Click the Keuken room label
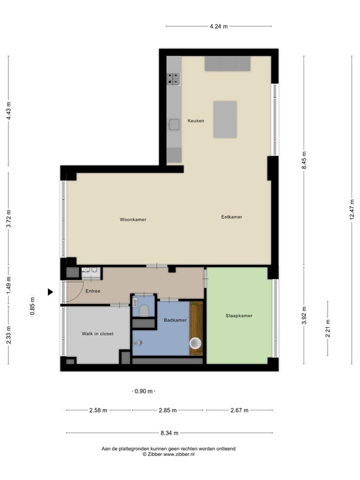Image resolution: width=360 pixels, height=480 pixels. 196,121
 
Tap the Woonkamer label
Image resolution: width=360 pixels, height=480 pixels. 133,220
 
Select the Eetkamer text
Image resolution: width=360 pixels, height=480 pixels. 232,217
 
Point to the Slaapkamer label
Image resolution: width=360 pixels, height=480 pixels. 239,316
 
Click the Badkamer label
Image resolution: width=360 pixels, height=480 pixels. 175,320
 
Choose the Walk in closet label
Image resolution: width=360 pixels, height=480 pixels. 98,334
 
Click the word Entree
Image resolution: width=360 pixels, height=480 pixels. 93,291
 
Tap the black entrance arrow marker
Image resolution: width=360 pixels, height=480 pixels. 50,292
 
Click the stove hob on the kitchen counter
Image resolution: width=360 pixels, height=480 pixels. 173,79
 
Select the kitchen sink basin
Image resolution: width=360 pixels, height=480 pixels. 175,125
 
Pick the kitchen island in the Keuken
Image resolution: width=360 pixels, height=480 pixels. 225,119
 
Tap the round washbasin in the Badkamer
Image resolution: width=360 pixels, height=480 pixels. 196,343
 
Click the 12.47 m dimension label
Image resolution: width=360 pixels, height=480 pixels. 352,209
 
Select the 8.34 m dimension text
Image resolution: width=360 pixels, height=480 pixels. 169,433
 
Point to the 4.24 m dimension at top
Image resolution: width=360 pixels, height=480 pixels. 218,26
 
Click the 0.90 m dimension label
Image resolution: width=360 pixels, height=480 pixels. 143,391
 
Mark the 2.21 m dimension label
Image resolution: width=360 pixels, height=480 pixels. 328,328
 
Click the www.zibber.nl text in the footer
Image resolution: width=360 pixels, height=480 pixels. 179,454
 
